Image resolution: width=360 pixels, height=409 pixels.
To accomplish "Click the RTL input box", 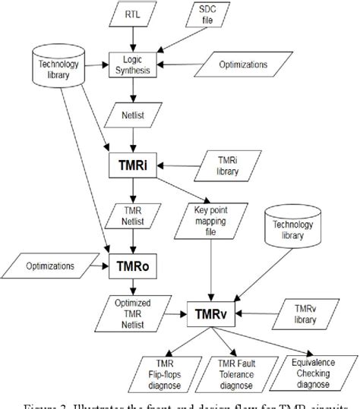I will [x=134, y=14].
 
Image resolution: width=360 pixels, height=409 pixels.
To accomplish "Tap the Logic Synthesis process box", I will [x=134, y=64].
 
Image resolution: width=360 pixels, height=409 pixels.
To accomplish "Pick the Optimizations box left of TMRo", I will [x=49, y=266].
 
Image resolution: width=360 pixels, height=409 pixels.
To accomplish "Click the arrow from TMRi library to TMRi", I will [x=178, y=163].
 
